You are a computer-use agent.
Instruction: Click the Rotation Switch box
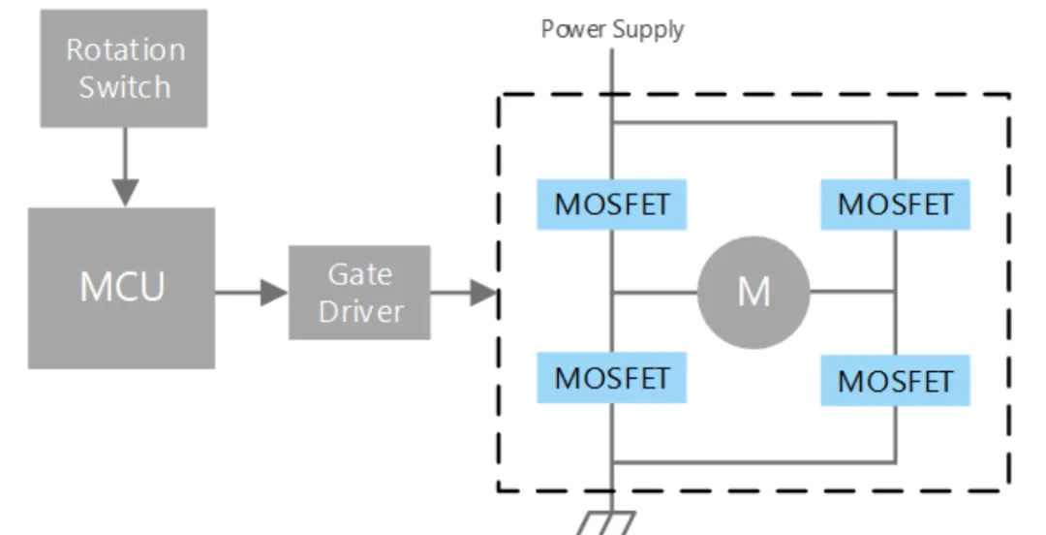click(x=124, y=68)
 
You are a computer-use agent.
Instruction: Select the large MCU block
click(x=121, y=288)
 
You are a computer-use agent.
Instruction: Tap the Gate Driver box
click(x=359, y=293)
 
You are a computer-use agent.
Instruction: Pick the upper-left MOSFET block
click(x=612, y=205)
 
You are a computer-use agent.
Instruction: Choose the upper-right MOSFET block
click(x=894, y=205)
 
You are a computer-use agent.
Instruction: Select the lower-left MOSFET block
click(x=612, y=377)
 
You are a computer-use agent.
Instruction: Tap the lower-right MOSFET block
click(x=894, y=380)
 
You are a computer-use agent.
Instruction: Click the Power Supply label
click(x=612, y=28)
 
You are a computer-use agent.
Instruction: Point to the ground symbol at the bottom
click(x=606, y=522)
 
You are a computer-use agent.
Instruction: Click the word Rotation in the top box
click(x=125, y=49)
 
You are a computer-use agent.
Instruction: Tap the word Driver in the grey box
click(x=360, y=312)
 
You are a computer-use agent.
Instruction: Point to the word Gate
click(x=359, y=274)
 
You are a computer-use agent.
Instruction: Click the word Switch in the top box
click(x=124, y=86)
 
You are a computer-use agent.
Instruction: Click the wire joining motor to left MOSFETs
click(x=654, y=292)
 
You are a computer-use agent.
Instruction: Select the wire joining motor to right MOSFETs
click(x=850, y=290)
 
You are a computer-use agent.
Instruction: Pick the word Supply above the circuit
click(x=647, y=29)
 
